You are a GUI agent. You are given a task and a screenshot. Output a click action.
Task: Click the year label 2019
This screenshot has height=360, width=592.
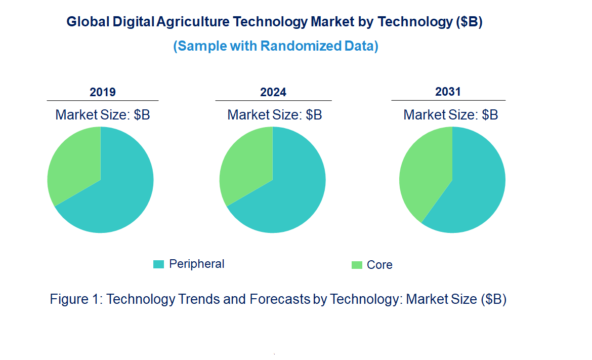[x=103, y=92]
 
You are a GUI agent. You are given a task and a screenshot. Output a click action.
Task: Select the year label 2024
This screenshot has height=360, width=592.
[x=273, y=92]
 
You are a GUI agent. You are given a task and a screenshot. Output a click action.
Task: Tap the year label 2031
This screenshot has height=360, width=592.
[x=448, y=92]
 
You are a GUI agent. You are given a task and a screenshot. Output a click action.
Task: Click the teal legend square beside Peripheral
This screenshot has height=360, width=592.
[x=159, y=264]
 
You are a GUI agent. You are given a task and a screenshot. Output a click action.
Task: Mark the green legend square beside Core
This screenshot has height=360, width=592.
[x=357, y=265]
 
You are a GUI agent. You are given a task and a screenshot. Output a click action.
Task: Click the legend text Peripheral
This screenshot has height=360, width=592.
[x=196, y=264]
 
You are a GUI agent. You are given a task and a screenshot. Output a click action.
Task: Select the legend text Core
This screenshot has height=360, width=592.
[x=379, y=265]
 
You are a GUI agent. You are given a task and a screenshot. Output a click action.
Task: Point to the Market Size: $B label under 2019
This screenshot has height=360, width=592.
[x=103, y=115]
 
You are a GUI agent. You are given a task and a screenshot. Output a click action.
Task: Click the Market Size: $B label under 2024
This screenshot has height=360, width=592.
[x=275, y=115]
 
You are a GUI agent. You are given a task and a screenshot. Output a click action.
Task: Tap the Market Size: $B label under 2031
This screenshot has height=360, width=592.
[x=450, y=115]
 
